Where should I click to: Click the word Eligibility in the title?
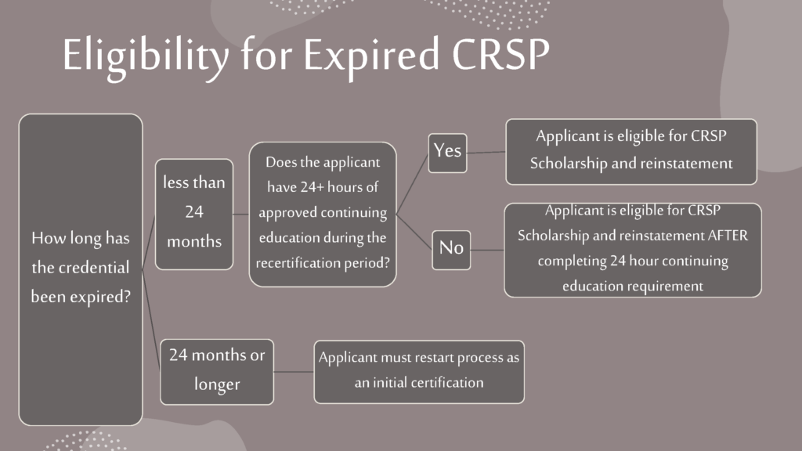coord(146,56)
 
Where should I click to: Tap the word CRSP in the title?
coord(500,54)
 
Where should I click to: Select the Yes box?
coord(447,153)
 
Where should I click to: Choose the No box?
coord(451,250)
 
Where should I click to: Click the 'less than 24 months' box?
coord(194,215)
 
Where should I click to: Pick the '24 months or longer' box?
coord(217,372)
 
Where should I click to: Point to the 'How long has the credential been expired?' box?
coord(81,269)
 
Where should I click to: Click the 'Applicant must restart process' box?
coord(419,372)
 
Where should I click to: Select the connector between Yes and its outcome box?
coord(486,152)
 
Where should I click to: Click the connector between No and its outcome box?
coord(487,250)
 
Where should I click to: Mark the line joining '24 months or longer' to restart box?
coord(294,372)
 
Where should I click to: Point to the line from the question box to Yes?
coord(412,185)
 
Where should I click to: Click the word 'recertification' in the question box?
coord(288,263)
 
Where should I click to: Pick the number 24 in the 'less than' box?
coord(194,211)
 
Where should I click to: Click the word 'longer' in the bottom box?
coord(217,384)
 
